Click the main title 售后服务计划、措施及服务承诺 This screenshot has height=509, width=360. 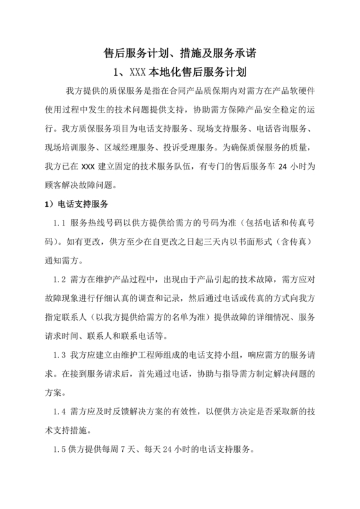pos(179,51)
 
